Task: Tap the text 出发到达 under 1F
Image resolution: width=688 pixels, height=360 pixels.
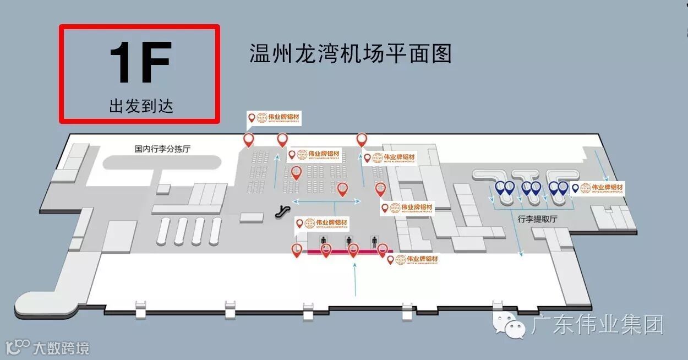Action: point(141,106)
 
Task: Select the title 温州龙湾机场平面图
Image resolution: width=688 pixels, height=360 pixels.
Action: point(351,54)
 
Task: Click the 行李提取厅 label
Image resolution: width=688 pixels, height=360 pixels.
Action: point(537,219)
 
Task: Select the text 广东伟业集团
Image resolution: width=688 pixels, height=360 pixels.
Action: point(597,325)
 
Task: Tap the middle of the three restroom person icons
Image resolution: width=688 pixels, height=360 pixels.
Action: point(349,240)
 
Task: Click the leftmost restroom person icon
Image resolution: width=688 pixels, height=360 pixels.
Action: point(324,240)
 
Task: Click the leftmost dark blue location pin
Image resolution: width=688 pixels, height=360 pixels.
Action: point(500,188)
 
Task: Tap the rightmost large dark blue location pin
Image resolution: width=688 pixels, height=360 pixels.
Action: point(563,188)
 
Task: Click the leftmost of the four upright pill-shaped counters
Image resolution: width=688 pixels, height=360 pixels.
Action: point(163,231)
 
